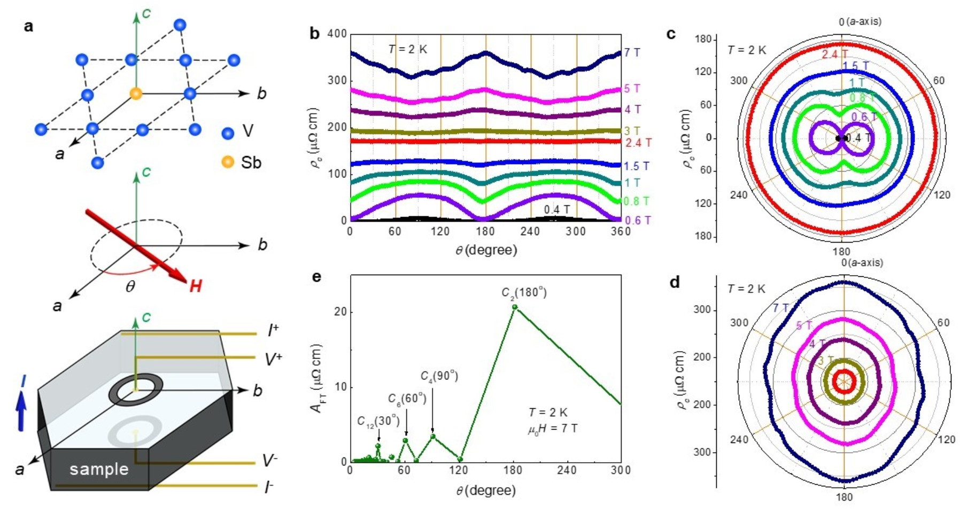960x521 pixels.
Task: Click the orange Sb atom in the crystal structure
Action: [x=136, y=94]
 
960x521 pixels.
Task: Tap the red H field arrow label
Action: [x=196, y=286]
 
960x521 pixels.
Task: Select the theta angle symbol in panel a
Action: [x=130, y=287]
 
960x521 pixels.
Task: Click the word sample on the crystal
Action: [x=99, y=469]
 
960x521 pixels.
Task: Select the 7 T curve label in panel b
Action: [x=631, y=52]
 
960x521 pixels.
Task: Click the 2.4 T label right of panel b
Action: [x=638, y=143]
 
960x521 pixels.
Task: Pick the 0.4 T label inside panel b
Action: [x=556, y=209]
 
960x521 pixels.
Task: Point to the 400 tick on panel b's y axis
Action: [x=337, y=34]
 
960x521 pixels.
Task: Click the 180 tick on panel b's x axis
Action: [x=485, y=231]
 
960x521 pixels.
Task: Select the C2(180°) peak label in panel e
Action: [x=524, y=292]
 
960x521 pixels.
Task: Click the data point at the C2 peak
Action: [x=515, y=307]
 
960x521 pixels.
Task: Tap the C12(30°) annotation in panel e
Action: [x=378, y=421]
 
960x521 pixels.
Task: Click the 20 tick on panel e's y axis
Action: [x=340, y=312]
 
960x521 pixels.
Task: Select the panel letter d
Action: [x=675, y=282]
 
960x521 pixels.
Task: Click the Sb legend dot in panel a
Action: [x=228, y=161]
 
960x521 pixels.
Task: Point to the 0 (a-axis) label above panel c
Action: [x=860, y=21]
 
